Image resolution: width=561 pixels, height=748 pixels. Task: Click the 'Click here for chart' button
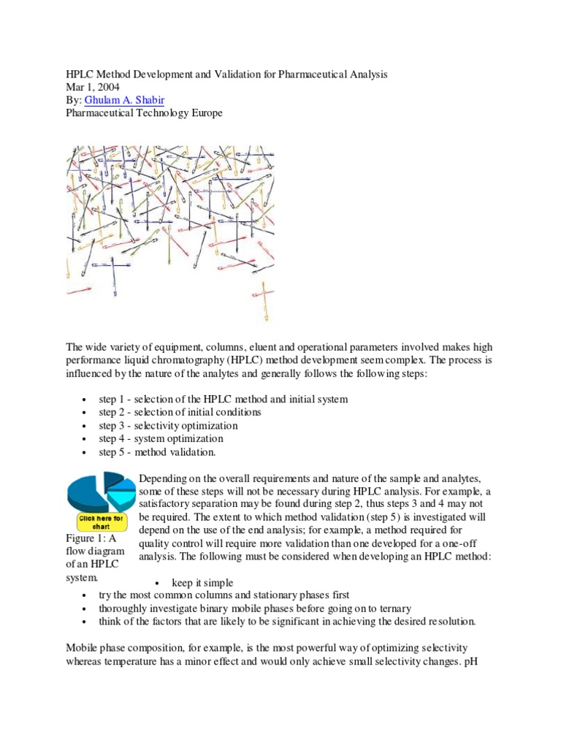(x=102, y=522)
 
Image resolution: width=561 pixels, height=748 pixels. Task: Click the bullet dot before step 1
(x=86, y=400)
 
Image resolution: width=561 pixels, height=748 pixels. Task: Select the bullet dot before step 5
(x=86, y=453)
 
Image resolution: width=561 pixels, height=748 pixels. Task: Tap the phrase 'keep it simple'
(x=203, y=582)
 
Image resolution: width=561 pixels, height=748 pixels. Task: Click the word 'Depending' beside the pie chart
(x=163, y=478)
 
